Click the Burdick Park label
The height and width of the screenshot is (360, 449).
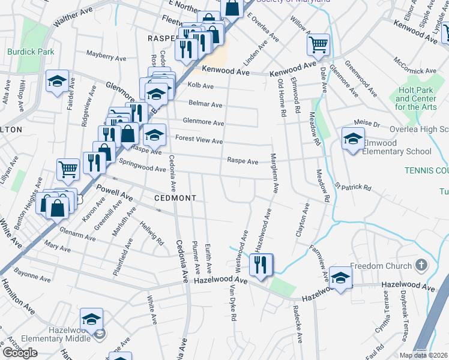tap(31, 52)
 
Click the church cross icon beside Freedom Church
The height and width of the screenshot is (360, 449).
tap(423, 265)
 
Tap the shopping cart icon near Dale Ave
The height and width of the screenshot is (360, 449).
tap(318, 43)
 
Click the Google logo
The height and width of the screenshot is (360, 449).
tap(20, 353)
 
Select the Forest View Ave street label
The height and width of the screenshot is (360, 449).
tap(199, 140)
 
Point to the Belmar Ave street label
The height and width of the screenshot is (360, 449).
tap(205, 104)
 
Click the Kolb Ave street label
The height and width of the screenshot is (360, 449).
tap(204, 85)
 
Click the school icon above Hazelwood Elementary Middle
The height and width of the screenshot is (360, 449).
tap(92, 319)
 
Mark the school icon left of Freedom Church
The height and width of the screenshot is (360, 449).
tap(340, 277)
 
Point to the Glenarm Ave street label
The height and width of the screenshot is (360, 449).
tap(77, 236)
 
